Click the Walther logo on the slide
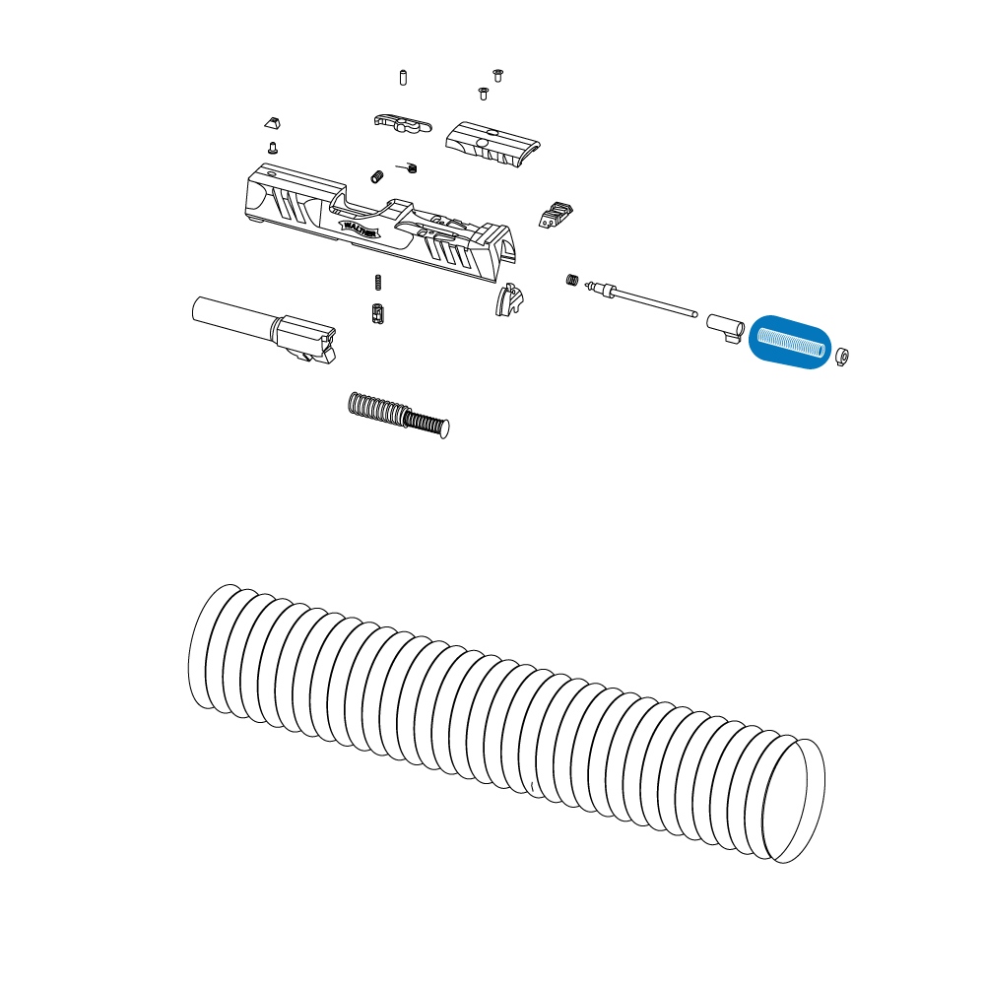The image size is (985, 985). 361,228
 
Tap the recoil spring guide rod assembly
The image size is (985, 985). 399,414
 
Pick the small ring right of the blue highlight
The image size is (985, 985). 843,356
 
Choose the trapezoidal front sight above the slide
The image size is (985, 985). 272,122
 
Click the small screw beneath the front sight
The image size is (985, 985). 273,148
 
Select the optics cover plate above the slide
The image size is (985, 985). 493,145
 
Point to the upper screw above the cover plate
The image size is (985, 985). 498,74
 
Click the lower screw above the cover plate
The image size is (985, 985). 483,93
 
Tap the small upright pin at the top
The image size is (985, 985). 403,77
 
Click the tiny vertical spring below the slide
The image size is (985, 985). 379,282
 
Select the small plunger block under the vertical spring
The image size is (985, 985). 377,314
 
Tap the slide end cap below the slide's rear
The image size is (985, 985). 509,299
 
